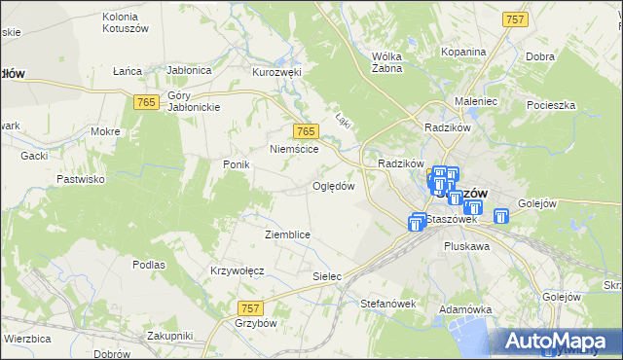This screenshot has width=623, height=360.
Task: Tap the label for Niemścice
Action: coord(294,149)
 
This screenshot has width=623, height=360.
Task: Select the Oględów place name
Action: coord(333,186)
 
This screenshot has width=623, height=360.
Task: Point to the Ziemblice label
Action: coord(287,234)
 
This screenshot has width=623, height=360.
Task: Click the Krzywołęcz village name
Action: coord(238,270)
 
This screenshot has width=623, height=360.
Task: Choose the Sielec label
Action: coord(327,276)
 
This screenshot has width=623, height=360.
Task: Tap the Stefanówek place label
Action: coord(388,304)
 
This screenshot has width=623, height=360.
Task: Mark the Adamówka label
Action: coord(462,308)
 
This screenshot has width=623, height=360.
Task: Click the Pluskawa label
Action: coord(466,247)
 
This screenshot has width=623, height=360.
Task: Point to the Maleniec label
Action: coord(477,100)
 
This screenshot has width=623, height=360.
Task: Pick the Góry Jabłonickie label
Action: coord(194,101)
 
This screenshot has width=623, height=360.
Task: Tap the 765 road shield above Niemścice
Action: coord(306,131)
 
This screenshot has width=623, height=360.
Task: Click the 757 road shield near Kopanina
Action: coord(515,19)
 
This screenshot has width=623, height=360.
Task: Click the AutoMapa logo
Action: coord(559,341)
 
